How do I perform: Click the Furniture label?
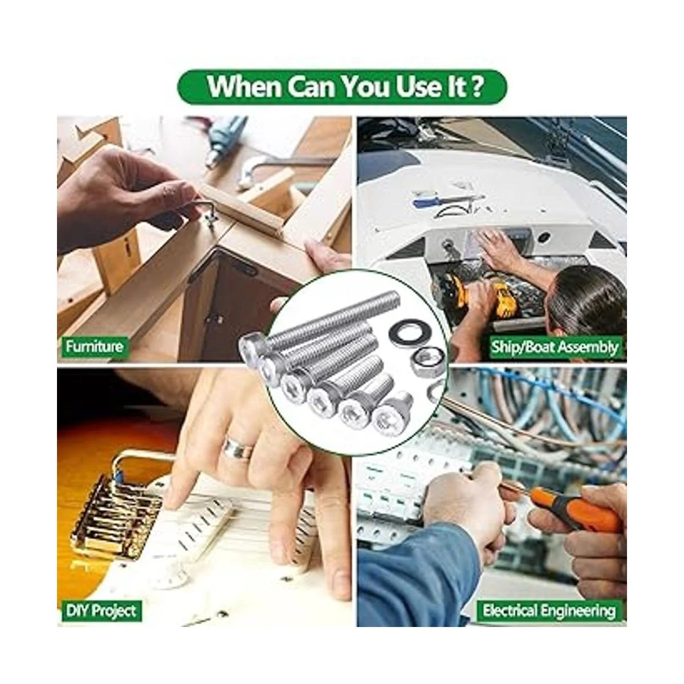pyautogui.click(x=94, y=346)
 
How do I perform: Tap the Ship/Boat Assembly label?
pyautogui.click(x=554, y=346)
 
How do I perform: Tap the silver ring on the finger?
pyautogui.click(x=238, y=449)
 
